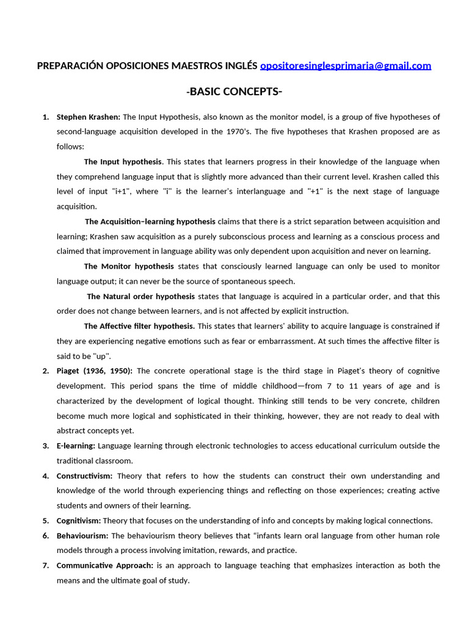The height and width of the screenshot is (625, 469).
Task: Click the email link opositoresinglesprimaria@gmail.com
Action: pyautogui.click(x=346, y=66)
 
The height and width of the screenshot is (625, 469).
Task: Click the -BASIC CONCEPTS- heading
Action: pyautogui.click(x=234, y=92)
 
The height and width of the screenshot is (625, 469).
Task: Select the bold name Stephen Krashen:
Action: pyautogui.click(x=89, y=117)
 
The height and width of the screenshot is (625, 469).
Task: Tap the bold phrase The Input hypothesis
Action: pyautogui.click(x=123, y=162)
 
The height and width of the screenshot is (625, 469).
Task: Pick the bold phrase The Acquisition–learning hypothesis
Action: pyautogui.click(x=150, y=222)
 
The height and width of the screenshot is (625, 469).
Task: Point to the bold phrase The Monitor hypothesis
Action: pyautogui.click(x=128, y=266)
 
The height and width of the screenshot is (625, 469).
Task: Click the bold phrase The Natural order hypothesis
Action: pyautogui.click(x=140, y=296)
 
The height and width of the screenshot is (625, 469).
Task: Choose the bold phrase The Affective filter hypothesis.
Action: pyautogui.click(x=139, y=326)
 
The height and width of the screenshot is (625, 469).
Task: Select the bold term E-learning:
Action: pyautogui.click(x=76, y=446)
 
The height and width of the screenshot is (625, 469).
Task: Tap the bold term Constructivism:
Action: pyautogui.click(x=84, y=475)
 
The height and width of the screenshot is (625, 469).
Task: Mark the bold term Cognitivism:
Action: pyautogui.click(x=79, y=521)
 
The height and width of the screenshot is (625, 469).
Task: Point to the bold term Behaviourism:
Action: pyautogui.click(x=82, y=535)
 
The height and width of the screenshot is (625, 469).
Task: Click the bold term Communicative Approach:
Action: pyautogui.click(x=104, y=565)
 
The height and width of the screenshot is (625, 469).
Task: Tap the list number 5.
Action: pyautogui.click(x=45, y=521)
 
